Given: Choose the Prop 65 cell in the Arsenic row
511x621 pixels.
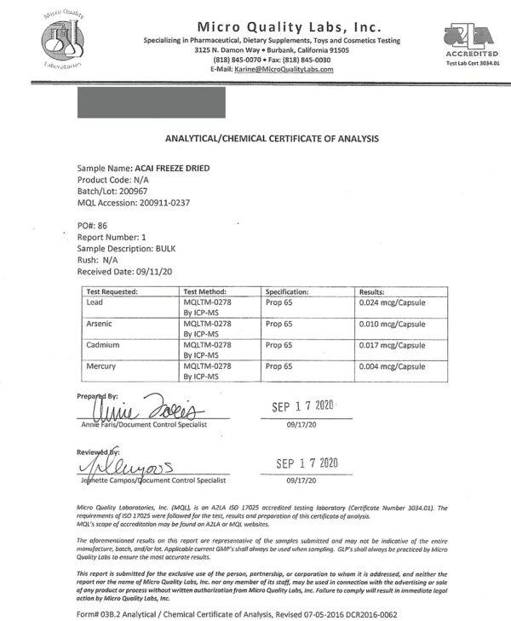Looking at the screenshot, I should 280,323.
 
